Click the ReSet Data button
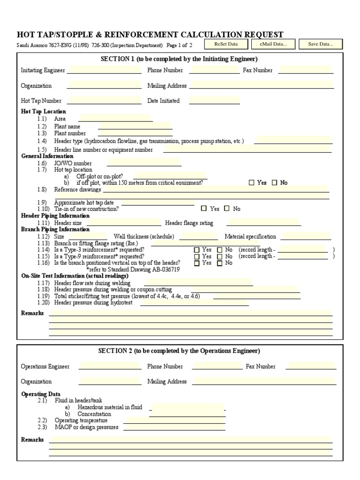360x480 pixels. coord(226,44)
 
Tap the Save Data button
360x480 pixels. coord(321,44)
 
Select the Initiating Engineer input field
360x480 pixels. coord(104,70)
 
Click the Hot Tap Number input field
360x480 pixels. coord(104,100)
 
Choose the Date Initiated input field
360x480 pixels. coord(215,100)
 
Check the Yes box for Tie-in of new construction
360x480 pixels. coord(204,209)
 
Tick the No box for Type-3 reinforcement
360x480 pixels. coord(220,250)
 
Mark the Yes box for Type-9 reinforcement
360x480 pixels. coord(197,257)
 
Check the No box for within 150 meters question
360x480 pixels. coord(275,183)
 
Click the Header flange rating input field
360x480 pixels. coord(263,223)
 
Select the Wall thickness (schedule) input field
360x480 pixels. coord(198,237)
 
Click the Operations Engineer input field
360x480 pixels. coord(110,366)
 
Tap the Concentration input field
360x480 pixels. coord(188,414)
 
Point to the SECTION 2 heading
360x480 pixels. coord(179,351)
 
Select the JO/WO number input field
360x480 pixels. coord(144,163)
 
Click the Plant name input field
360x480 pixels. coord(135,126)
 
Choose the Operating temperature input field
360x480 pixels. coord(174,420)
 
